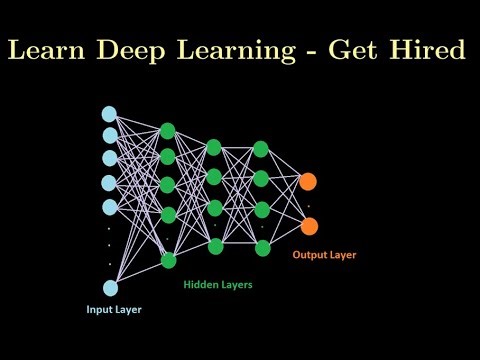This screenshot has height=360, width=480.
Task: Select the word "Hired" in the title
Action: point(432,49)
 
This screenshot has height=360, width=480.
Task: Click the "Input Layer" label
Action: point(112,310)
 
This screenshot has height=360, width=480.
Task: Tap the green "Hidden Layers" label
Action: point(218,285)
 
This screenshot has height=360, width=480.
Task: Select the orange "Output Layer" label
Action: point(324,255)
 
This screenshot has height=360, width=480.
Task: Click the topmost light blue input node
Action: point(109,114)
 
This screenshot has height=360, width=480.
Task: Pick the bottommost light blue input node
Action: point(109,288)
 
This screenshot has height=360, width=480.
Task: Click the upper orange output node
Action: point(308,181)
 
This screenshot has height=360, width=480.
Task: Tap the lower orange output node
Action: point(308,225)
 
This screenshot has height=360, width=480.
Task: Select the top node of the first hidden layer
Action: point(168,131)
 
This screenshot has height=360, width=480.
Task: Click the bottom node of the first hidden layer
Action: point(168,260)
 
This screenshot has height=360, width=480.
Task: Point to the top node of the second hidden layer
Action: point(214,148)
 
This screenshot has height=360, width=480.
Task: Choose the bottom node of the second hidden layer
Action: point(214,245)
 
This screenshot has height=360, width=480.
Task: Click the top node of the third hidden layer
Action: point(261,149)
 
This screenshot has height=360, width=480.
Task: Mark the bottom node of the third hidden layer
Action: point(261,246)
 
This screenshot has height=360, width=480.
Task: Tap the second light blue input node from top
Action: point(109,135)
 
